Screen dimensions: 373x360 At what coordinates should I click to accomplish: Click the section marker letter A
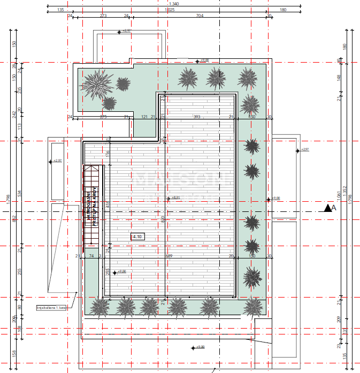click(x=334, y=207)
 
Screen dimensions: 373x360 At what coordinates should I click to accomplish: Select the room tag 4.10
click(x=137, y=236)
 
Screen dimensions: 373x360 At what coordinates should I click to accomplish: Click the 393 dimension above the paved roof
click(x=196, y=117)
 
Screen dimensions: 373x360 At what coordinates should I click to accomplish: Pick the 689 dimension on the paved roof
click(x=169, y=256)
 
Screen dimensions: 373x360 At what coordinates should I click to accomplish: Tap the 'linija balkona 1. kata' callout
click(x=51, y=308)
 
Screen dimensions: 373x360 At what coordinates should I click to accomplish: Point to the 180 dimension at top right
click(x=282, y=10)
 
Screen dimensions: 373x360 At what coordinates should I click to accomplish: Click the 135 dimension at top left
click(x=60, y=10)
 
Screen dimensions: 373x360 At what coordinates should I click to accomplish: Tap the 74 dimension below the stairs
click(x=91, y=256)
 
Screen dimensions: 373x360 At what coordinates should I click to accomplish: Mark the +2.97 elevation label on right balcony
click(x=304, y=150)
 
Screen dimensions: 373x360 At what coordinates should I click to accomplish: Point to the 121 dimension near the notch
click(x=144, y=117)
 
